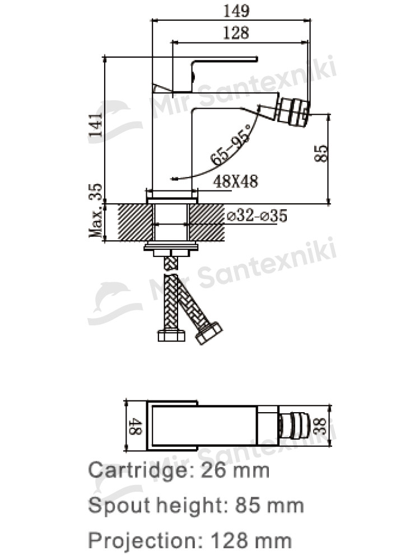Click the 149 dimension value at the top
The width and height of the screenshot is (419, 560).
point(236,11)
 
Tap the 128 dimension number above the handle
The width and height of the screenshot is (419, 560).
point(236,32)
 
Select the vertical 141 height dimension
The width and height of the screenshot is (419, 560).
point(96,125)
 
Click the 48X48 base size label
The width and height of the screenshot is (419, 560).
point(235,181)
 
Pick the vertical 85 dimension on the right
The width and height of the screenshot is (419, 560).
point(321,153)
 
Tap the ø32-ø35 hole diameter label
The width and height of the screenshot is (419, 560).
point(257,216)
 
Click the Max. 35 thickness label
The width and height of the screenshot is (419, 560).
point(96,210)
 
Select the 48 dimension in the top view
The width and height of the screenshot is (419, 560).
point(136,426)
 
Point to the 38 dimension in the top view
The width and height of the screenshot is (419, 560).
point(321,426)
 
